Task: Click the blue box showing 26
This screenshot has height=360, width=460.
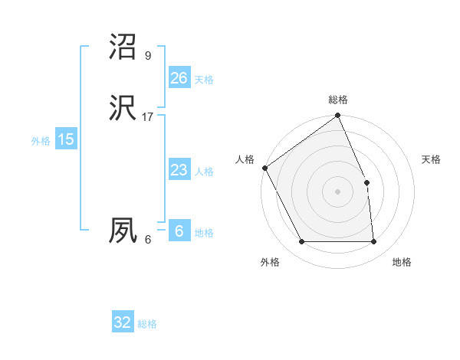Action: (x=179, y=77)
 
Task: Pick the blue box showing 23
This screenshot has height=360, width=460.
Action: (x=179, y=170)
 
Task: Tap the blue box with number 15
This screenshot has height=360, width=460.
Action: (x=66, y=139)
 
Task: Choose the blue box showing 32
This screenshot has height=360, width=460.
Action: (x=123, y=322)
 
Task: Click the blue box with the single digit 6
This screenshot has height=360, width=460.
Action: (x=179, y=231)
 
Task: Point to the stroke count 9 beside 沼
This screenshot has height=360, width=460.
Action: (x=148, y=56)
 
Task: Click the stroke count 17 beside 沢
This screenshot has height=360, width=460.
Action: (x=148, y=117)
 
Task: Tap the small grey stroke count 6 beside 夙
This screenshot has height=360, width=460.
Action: (x=148, y=240)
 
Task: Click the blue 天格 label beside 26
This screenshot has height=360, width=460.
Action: (x=204, y=80)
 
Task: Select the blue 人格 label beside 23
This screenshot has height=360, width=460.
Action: (x=204, y=172)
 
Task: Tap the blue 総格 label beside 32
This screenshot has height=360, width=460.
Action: (x=147, y=325)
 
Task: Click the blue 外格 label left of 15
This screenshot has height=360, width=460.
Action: (x=41, y=141)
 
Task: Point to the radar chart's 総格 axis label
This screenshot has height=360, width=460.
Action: (x=338, y=100)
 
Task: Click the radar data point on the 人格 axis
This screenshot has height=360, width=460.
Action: (x=264, y=168)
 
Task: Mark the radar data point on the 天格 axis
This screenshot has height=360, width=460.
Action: (x=366, y=182)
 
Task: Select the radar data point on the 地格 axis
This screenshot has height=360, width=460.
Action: (x=373, y=242)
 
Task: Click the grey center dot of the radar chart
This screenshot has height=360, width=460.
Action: (x=338, y=191)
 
